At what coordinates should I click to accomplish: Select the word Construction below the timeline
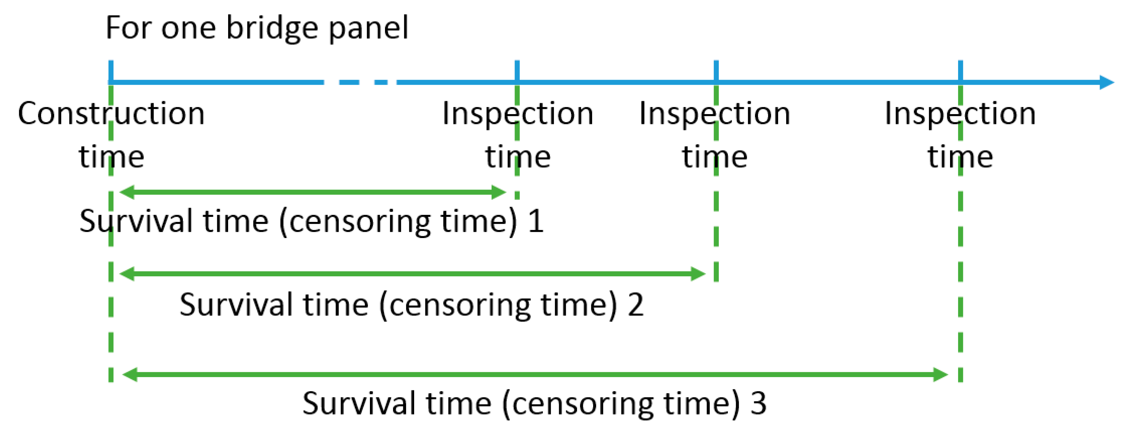coord(111,113)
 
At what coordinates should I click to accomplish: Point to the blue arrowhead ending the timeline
coord(1106,82)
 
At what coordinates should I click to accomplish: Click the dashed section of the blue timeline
coord(359,82)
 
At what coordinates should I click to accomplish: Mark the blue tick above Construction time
coord(111,70)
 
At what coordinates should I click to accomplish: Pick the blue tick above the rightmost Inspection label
coord(961,70)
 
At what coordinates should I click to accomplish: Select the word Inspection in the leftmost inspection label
coord(517,113)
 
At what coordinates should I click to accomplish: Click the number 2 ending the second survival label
coord(636,305)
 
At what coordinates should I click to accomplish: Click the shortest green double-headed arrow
coord(312,192)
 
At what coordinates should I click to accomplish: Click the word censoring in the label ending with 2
coord(459,305)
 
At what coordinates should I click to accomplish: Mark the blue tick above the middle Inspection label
coord(716,70)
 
